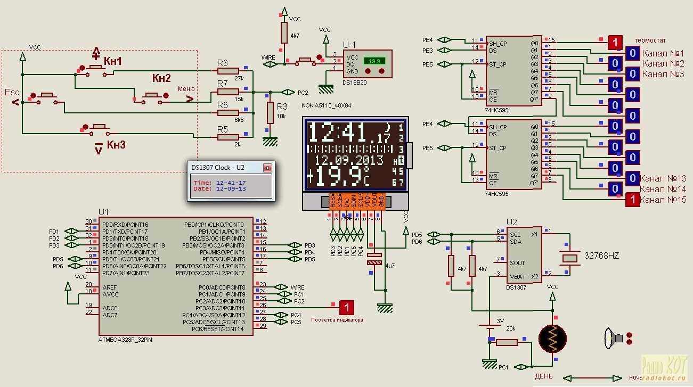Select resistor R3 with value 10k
pos(270,112)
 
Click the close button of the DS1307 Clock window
pos(267,168)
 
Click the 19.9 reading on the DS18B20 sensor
pos(374,61)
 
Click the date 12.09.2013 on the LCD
pos(349,160)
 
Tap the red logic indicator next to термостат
pos(615,42)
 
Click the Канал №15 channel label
pos(663,200)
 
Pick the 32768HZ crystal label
pos(602,256)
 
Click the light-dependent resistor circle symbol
pos(552,338)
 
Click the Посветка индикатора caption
pos(337,320)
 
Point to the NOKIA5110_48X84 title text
pos(326,106)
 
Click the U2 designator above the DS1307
pos(511,222)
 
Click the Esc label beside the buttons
pos(12,92)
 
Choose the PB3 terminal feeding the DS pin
pos(428,51)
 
